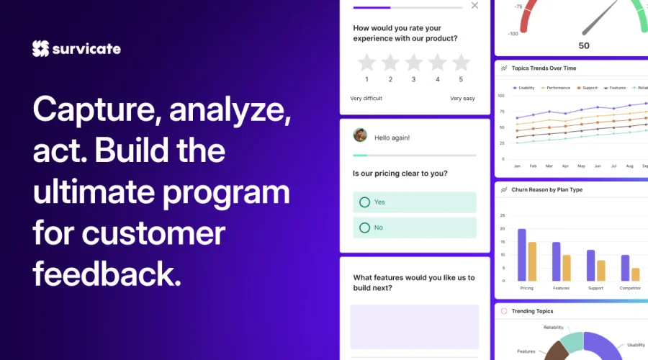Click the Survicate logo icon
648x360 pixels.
pos(40,48)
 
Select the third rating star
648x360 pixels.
pos(414,63)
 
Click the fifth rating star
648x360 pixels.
pos(461,63)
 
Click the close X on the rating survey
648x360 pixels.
pos(474,6)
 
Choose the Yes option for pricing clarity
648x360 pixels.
pos(415,202)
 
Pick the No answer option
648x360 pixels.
pos(415,228)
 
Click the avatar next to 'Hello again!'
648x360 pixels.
pos(361,135)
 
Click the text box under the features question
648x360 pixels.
pos(415,326)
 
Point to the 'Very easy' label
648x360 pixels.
pos(462,99)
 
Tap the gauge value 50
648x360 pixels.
pos(584,46)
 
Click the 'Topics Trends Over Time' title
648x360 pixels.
pos(544,68)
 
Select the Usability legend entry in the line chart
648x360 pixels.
pos(523,88)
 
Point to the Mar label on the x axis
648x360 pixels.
pos(549,166)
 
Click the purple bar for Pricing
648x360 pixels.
pos(522,255)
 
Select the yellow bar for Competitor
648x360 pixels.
pos(636,274)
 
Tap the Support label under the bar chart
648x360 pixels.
pos(595,288)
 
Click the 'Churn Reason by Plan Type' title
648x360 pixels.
pos(546,190)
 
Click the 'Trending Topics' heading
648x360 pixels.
pos(532,311)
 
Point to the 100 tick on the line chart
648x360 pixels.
pos(501,95)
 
